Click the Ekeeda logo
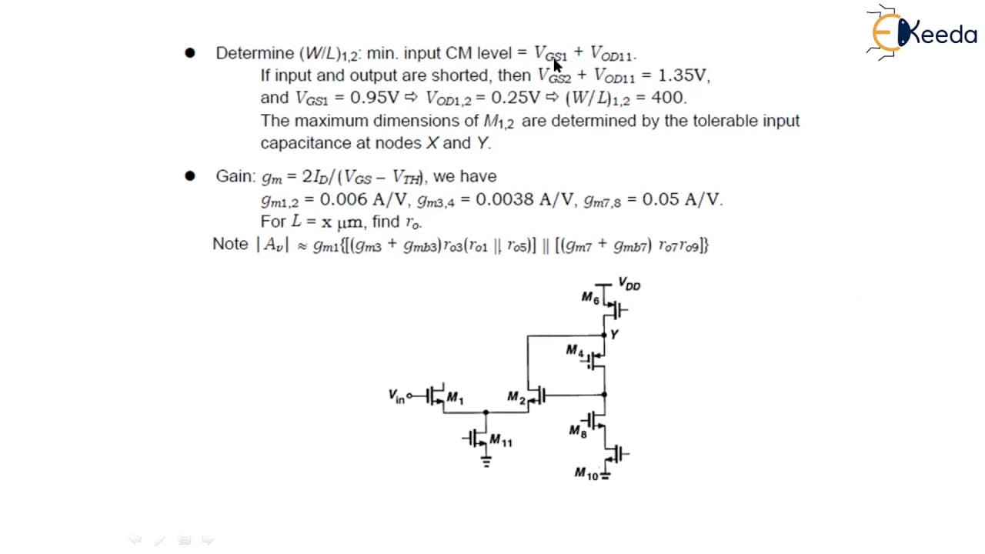click(921, 32)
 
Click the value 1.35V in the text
click(683, 75)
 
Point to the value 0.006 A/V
click(363, 199)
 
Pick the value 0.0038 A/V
click(525, 199)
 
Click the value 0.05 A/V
click(681, 199)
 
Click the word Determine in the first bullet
click(255, 53)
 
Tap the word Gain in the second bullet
click(233, 176)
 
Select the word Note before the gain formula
click(230, 244)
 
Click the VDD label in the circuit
click(629, 284)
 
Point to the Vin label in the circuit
click(396, 395)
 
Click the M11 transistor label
click(501, 440)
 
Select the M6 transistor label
click(590, 298)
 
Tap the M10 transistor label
click(586, 473)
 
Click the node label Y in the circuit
click(614, 335)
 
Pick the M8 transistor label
click(578, 431)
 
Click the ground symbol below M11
click(486, 461)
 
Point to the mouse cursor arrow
click(558, 66)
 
